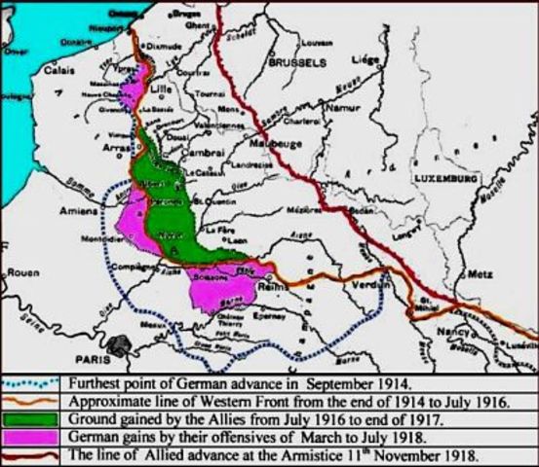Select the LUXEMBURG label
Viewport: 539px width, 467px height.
tap(445, 181)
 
